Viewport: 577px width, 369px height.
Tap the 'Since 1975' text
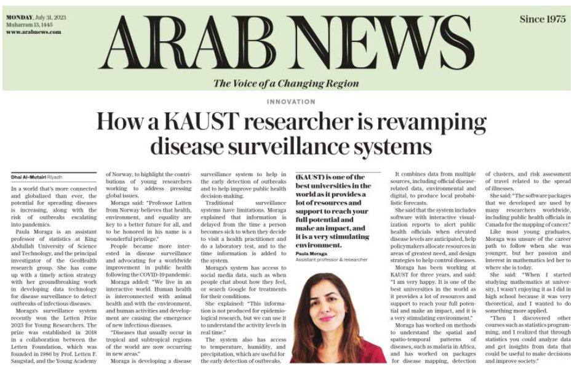pos(542,19)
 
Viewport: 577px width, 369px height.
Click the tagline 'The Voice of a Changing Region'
pos(286,84)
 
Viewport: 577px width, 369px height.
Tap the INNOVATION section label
pos(290,102)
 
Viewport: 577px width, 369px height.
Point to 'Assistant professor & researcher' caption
pos(331,259)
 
